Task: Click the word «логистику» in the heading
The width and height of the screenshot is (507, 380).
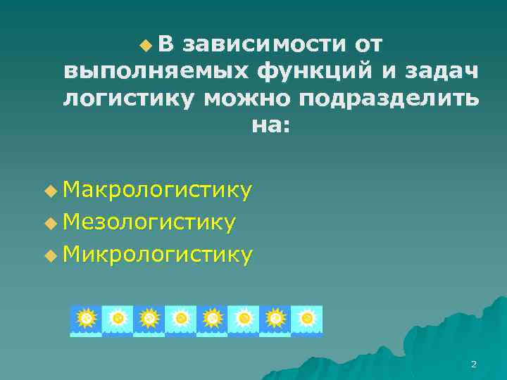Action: pyautogui.click(x=127, y=99)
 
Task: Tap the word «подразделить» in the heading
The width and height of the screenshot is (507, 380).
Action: pyautogui.click(x=389, y=99)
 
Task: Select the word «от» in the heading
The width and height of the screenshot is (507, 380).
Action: pyautogui.click(x=370, y=45)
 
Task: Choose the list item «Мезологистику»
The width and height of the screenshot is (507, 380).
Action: pyautogui.click(x=149, y=222)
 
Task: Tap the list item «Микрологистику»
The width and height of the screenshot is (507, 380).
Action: pyautogui.click(x=157, y=255)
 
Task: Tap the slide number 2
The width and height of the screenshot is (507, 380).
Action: pyautogui.click(x=473, y=364)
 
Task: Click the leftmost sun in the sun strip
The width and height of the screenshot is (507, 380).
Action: pyautogui.click(x=86, y=319)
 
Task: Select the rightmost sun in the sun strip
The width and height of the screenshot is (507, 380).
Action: pyautogui.click(x=307, y=319)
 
